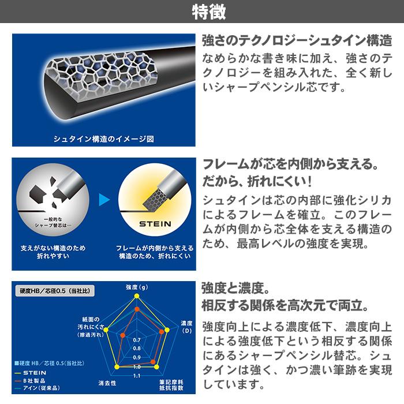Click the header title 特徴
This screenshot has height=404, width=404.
[x=202, y=11]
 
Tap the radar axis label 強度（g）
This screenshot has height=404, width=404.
[x=137, y=287]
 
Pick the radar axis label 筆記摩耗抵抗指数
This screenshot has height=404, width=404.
[x=171, y=386]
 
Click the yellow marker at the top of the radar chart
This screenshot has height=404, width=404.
[x=137, y=296]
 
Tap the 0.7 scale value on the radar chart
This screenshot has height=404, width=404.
[x=137, y=340]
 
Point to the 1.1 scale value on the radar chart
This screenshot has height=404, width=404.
[x=137, y=375]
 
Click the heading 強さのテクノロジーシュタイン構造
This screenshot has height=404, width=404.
[x=296, y=41]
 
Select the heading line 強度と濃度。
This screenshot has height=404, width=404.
[x=236, y=287]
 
